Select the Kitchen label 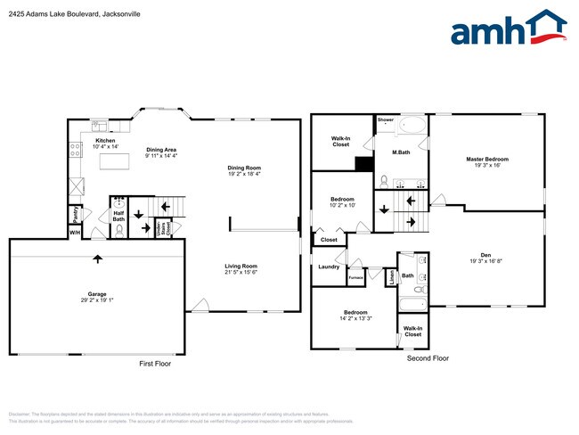click(106, 144)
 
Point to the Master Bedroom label click(487, 162)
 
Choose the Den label click(487, 258)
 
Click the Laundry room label click(328, 267)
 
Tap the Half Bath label click(118, 215)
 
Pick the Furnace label click(355, 278)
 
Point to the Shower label click(385, 119)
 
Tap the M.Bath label click(402, 152)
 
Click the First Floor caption click(155, 364)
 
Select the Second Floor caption click(428, 358)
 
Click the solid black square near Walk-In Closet click(363, 163)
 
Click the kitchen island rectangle click(113, 163)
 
